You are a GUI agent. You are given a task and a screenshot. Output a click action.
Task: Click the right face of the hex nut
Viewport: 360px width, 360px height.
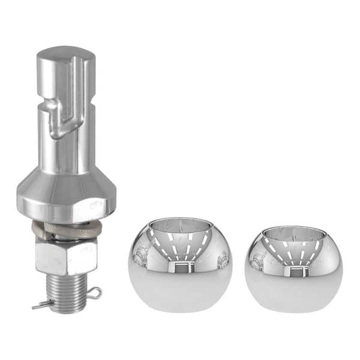pyautogui.click(x=80, y=254)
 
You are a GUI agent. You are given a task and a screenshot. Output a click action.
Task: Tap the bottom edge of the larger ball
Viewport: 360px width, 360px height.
pyautogui.click(x=179, y=310)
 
